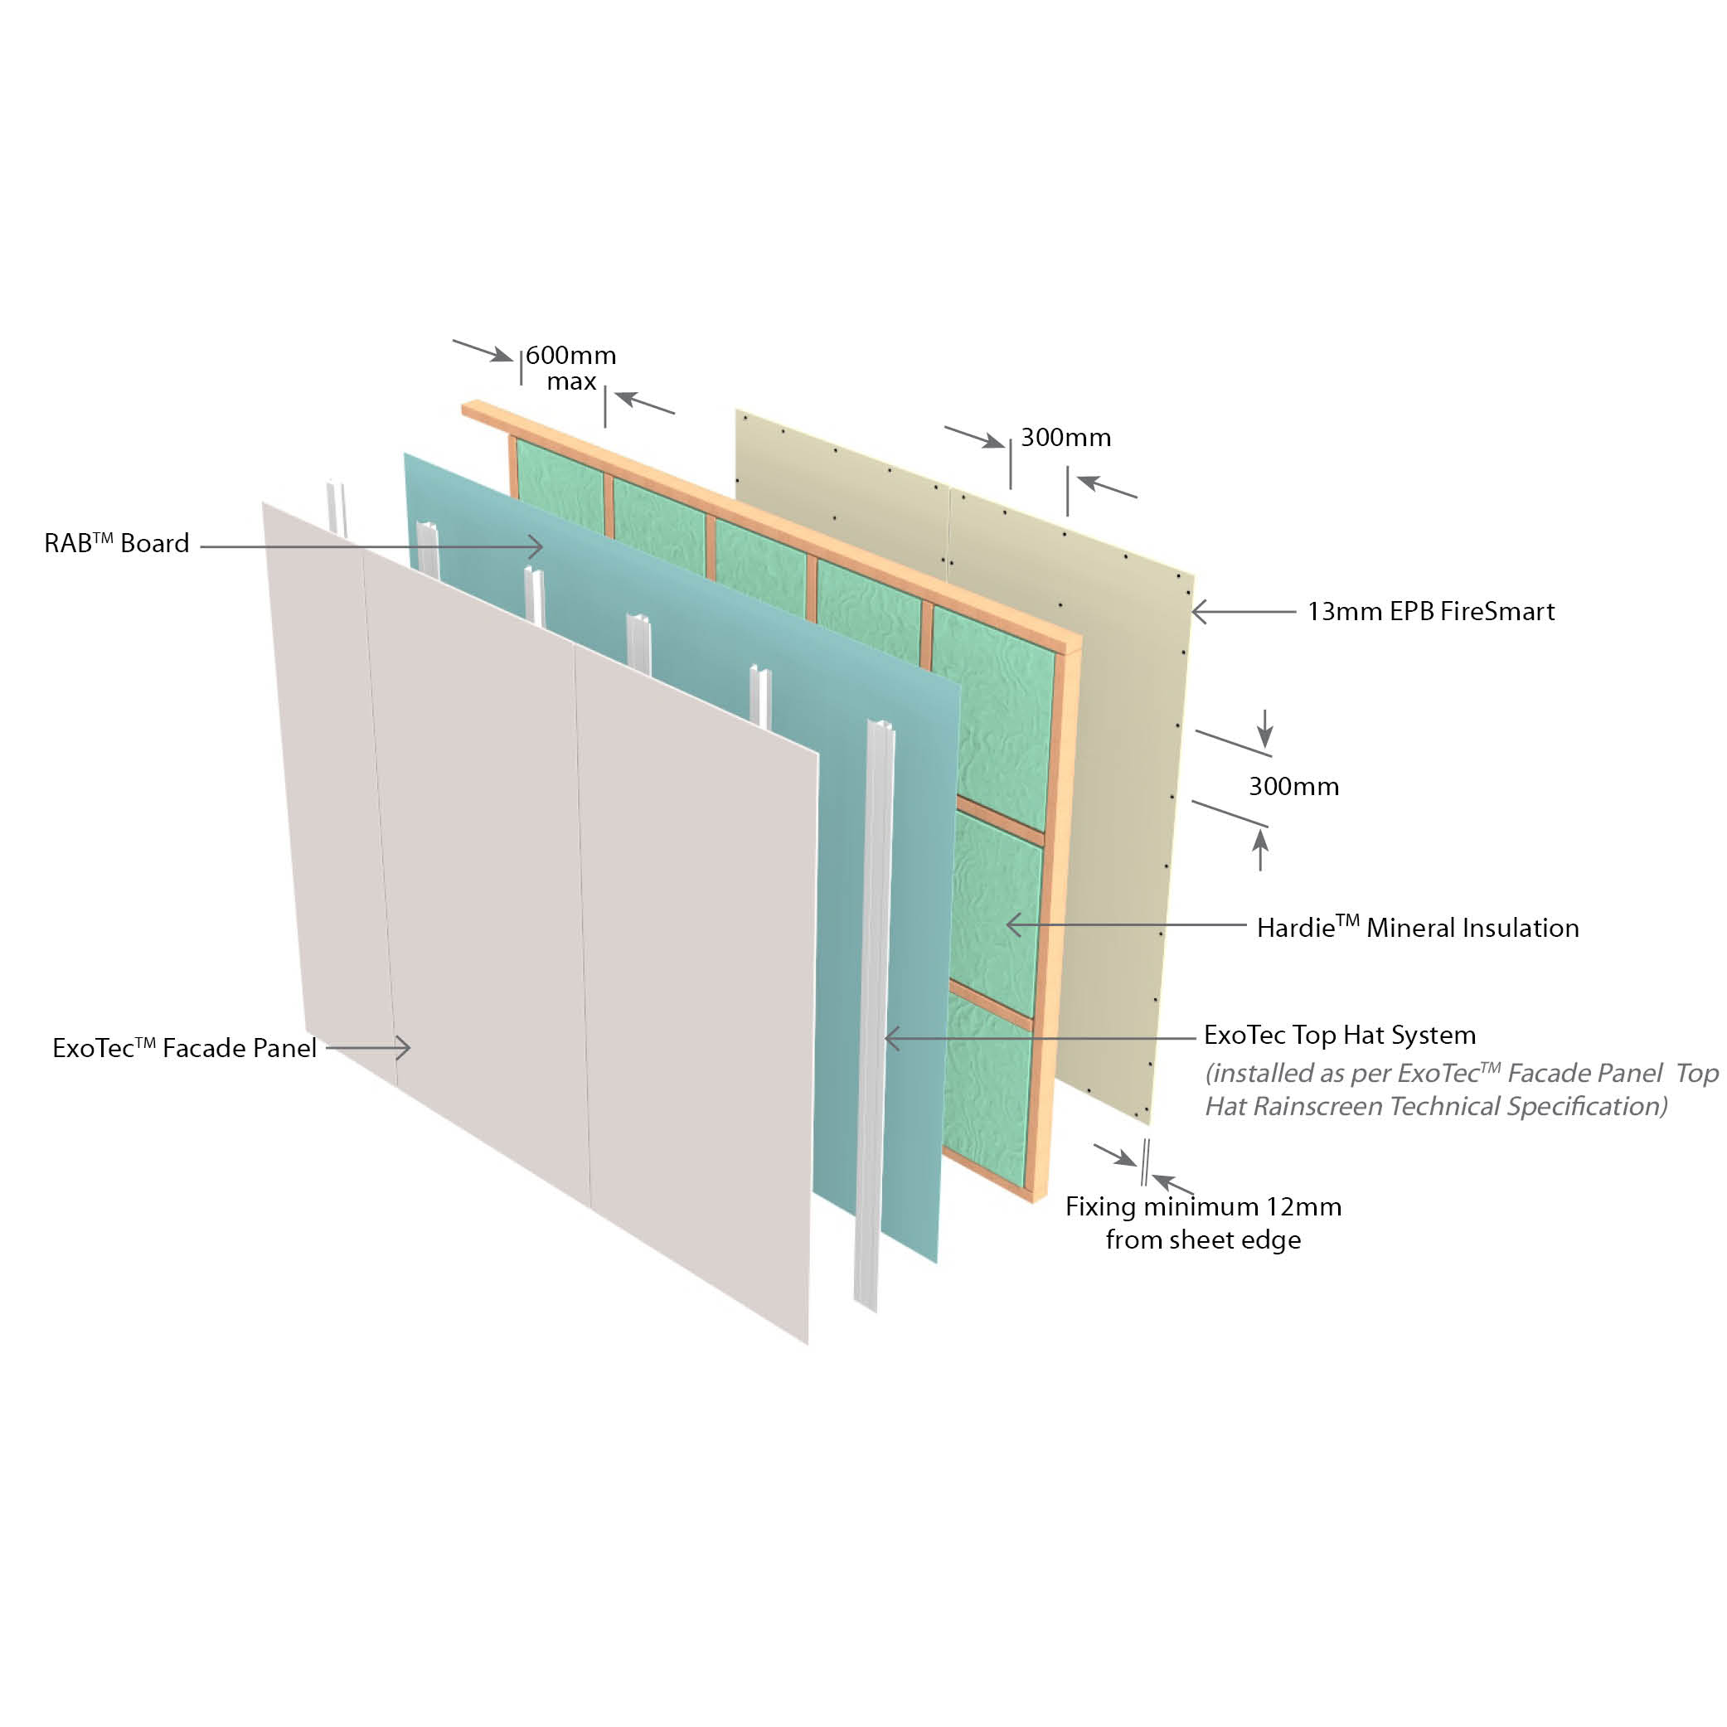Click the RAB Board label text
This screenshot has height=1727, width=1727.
[117, 544]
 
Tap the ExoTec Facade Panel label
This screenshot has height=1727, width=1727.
[184, 1048]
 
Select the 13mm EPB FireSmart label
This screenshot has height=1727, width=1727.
[1430, 611]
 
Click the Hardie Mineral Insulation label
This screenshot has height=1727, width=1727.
[1417, 928]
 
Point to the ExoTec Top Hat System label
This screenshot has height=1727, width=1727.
[1339, 1036]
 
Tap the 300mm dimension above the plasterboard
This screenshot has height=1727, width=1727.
[1065, 437]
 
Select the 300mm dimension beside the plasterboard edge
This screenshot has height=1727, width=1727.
[1293, 787]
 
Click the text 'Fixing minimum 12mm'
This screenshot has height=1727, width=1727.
[1203, 1207]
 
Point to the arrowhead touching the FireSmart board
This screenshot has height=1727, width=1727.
[1199, 611]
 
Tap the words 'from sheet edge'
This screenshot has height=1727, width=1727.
[1203, 1239]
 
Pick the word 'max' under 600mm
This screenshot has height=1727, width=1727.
[571, 381]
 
